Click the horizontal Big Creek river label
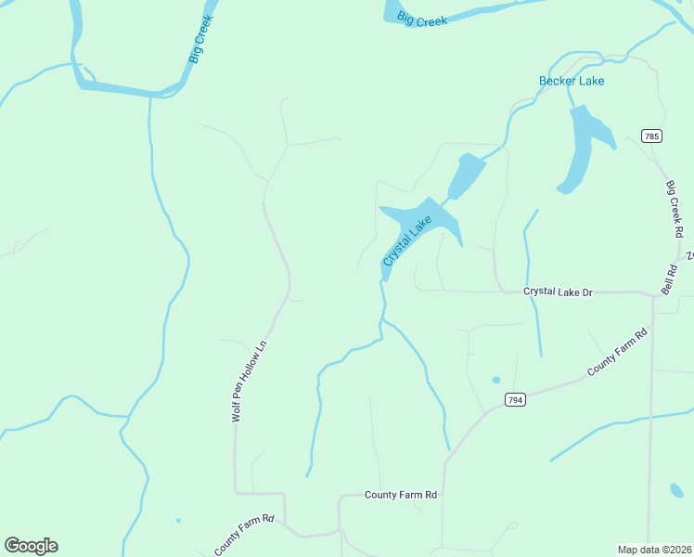click(x=422, y=19)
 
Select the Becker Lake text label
click(x=572, y=81)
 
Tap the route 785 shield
click(x=651, y=136)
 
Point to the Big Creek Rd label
click(x=675, y=208)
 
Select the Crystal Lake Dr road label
click(x=558, y=291)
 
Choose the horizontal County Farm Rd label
click(x=401, y=496)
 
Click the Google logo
click(x=31, y=546)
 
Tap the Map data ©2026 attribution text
click(x=653, y=550)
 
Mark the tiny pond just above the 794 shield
click(x=495, y=380)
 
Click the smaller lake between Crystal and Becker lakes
click(x=467, y=174)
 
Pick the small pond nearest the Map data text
click(x=676, y=489)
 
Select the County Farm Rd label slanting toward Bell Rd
click(x=616, y=354)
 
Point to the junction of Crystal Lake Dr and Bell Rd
click(x=652, y=293)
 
